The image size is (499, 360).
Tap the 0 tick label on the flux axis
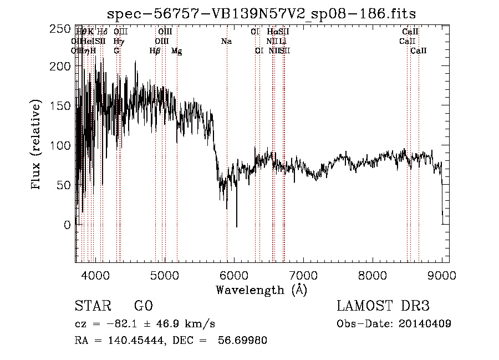tap(67, 225)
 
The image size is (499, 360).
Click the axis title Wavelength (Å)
tap(261, 290)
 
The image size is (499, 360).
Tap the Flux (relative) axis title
tap(37, 145)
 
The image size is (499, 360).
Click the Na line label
tap(226, 42)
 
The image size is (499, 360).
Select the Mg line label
tap(176, 51)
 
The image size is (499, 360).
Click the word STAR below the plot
tap(93, 306)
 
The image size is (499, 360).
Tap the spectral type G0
tap(143, 306)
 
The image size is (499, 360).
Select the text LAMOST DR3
tap(383, 306)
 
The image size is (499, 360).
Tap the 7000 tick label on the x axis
tap(303, 275)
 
